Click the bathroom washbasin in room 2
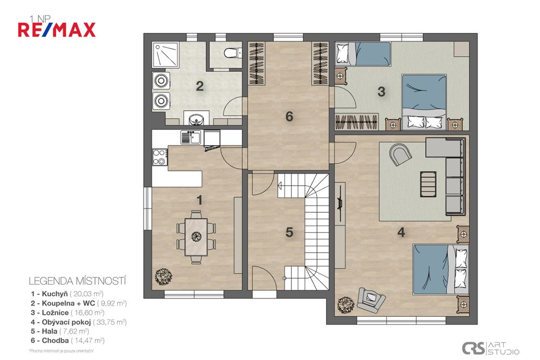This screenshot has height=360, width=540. pyautogui.click(x=193, y=117)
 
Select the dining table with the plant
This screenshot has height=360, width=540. pyautogui.click(x=195, y=236)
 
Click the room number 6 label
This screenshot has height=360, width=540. pyautogui.click(x=289, y=116)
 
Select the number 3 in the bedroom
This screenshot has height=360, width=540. pyautogui.click(x=381, y=91)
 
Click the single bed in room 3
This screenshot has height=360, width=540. pyautogui.click(x=363, y=54)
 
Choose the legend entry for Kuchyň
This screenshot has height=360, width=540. pyautogui.click(x=67, y=294)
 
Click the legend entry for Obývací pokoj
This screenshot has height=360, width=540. pyautogui.click(x=79, y=322)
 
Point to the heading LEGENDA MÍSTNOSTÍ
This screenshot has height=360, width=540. pyautogui.click(x=77, y=281)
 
